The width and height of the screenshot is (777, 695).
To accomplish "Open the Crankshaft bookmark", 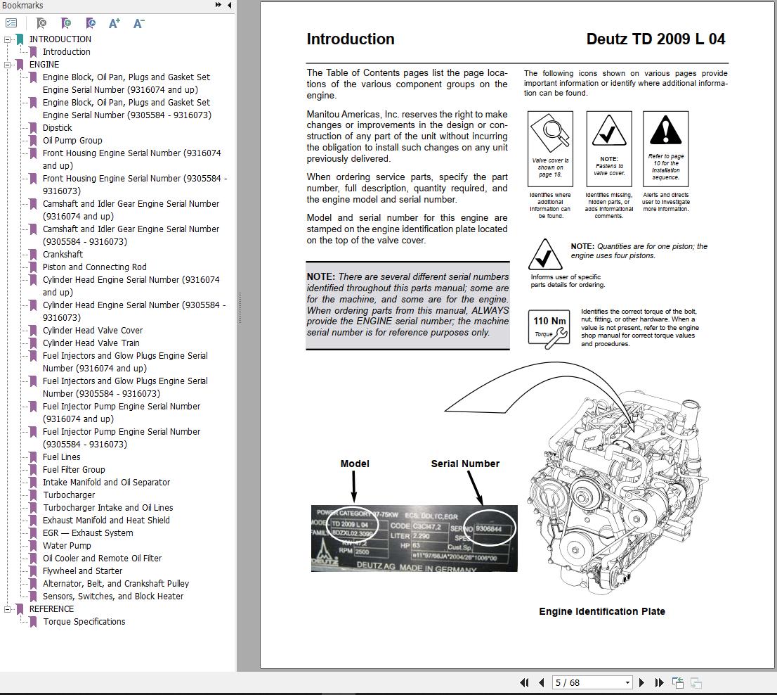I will tap(63, 254).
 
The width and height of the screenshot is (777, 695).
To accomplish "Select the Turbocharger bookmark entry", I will tap(69, 495).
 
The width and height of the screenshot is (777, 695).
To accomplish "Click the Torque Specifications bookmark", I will tap(84, 621).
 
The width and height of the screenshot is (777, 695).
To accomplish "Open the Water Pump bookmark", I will tap(67, 545).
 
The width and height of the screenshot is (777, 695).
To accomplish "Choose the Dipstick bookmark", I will tap(57, 127).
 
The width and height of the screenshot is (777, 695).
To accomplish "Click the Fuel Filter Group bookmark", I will tap(74, 469).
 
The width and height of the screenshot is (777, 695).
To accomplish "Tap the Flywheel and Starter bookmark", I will tap(82, 570).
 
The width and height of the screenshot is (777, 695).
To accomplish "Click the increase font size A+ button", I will tap(115, 23).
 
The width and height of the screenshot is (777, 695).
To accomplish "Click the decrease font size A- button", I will tap(138, 23).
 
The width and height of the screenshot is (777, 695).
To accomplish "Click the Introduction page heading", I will tap(350, 39).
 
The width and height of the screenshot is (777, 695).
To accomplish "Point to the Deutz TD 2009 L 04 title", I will tap(655, 39).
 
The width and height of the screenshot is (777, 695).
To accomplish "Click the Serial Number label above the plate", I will tap(465, 464).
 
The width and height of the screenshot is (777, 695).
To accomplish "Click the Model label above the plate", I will tap(354, 464).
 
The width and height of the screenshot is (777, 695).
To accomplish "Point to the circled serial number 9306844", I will tap(489, 528).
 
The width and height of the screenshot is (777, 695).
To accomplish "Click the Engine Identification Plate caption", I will tap(601, 611).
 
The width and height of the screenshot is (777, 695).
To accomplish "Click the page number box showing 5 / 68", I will tap(592, 682).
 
